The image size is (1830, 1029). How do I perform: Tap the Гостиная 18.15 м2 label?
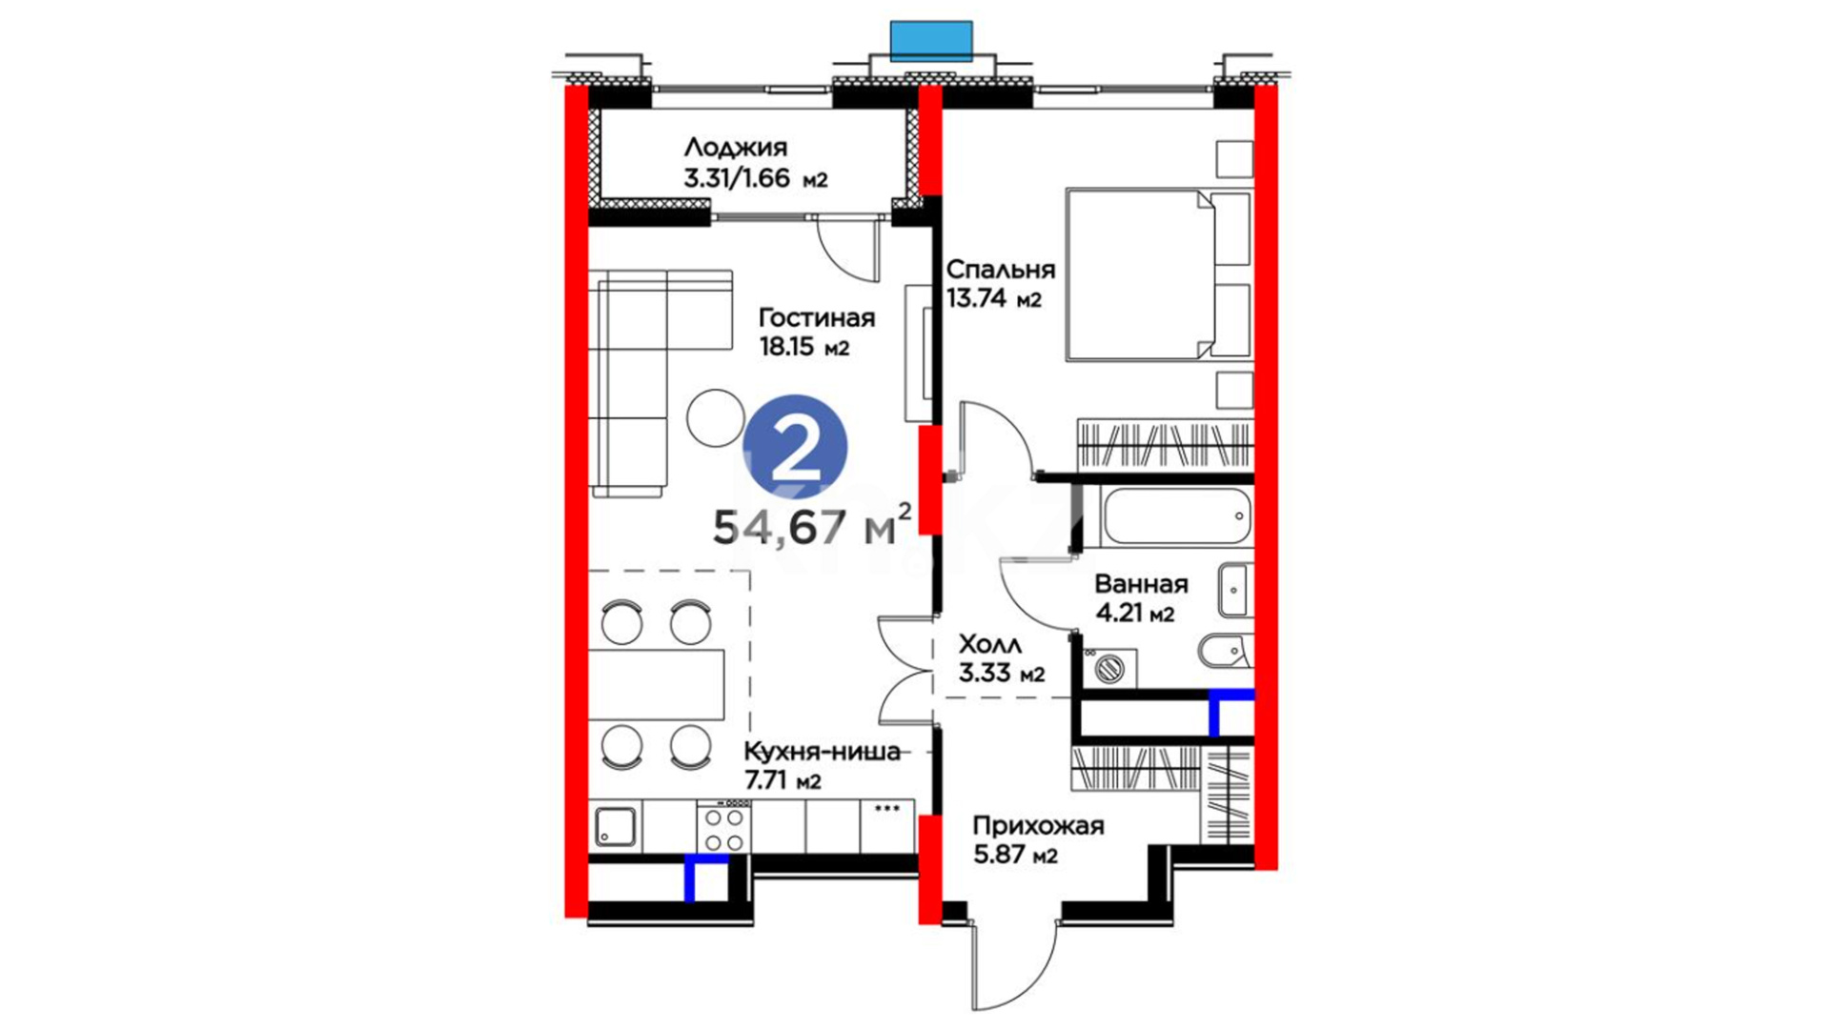817,332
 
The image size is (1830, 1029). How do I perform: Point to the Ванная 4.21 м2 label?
1141,598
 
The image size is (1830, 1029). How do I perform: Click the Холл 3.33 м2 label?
1002,659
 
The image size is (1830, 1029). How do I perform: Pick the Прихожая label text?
1038,826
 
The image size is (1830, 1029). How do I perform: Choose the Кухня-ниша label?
822,752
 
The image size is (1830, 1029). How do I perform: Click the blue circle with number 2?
795,447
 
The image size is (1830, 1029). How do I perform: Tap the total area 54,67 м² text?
812,525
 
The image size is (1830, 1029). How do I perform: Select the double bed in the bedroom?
1158,274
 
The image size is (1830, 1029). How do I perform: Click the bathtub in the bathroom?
1176,516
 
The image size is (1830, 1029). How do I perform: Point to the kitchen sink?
616,827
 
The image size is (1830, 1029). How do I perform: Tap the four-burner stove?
723,828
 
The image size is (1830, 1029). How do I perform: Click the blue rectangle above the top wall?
931,39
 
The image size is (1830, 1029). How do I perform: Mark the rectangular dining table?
657,684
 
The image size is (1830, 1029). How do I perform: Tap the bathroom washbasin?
1235,591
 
